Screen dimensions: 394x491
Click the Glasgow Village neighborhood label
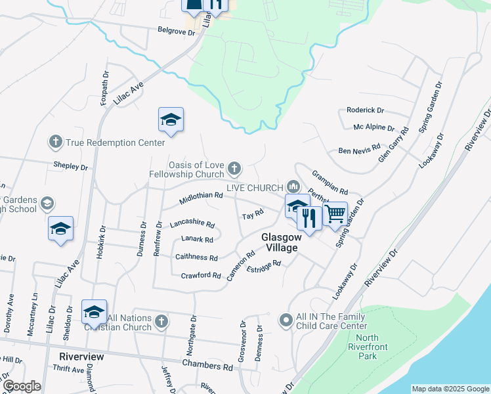(x=279, y=242)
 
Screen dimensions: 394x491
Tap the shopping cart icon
(x=335, y=213)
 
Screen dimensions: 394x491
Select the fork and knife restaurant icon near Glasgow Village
(x=309, y=217)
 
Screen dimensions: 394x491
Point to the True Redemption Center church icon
(x=56, y=142)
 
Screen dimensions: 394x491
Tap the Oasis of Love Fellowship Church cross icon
(x=234, y=170)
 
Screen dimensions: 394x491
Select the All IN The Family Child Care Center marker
(x=286, y=320)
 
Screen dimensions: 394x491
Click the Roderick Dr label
(x=365, y=111)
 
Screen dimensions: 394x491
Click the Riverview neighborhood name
(x=81, y=356)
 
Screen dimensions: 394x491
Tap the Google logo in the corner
(x=22, y=386)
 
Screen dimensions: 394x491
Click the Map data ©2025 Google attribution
(x=450, y=389)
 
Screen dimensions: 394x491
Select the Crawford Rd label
(x=201, y=276)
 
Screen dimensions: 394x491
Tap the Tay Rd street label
(x=252, y=215)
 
